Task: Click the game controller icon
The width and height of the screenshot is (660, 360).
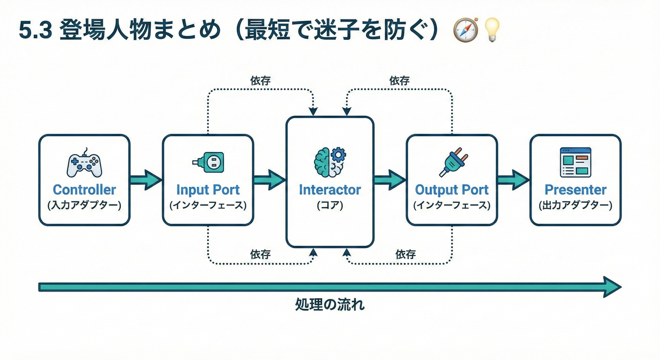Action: [84, 164]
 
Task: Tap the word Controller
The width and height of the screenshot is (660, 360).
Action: [84, 190]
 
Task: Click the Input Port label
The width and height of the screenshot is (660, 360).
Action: [208, 190]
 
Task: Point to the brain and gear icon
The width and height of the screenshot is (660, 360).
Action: [330, 162]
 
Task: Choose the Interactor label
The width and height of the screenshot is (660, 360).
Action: [330, 190]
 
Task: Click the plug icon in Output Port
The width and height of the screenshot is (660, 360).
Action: [452, 162]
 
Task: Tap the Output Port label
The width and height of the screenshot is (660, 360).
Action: [452, 190]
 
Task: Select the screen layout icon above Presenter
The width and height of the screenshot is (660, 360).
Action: [576, 162]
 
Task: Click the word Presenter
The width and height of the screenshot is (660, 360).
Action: [576, 190]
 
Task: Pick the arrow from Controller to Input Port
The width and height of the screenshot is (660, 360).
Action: [146, 180]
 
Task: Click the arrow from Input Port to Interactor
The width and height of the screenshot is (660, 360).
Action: [270, 180]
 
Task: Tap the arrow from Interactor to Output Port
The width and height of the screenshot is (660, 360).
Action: [390, 180]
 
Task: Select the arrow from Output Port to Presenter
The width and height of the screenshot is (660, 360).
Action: [513, 180]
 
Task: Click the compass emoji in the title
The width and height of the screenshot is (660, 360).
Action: [465, 30]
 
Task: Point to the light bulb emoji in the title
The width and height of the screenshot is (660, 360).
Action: [492, 30]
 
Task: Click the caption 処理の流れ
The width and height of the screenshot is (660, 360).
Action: [330, 305]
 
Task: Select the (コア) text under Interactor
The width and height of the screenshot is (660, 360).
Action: [330, 205]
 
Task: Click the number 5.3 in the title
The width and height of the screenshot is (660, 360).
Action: [36, 31]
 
